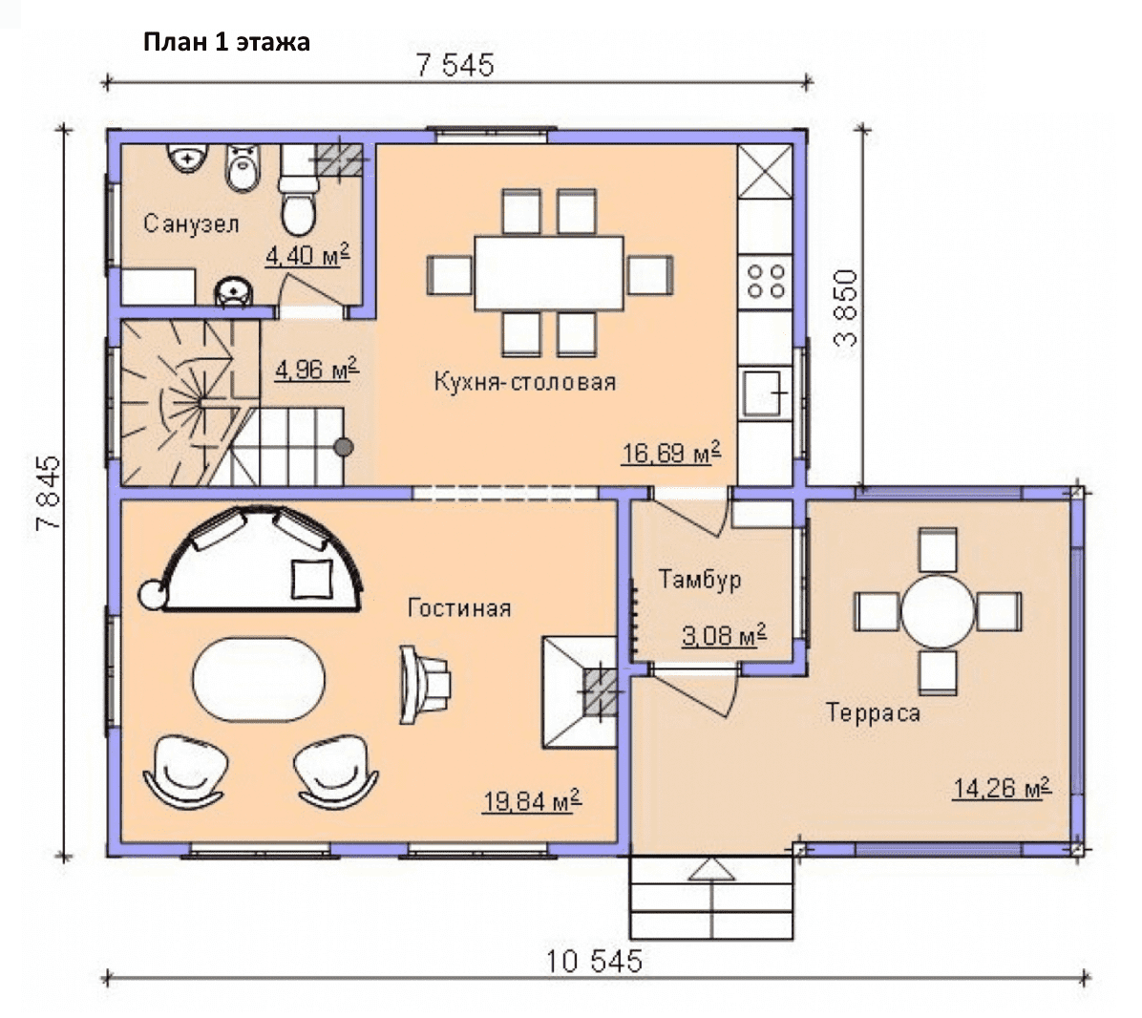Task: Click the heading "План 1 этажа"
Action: click(226, 42)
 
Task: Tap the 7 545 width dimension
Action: click(455, 66)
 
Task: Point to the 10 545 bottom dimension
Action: click(594, 962)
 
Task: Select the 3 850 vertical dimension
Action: click(847, 308)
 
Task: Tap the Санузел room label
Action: click(191, 223)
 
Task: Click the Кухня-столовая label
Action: click(525, 382)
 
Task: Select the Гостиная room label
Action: click(459, 607)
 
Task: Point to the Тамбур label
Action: click(700, 580)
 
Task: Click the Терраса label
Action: click(874, 712)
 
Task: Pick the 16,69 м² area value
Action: click(670, 453)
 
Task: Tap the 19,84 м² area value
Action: click(532, 801)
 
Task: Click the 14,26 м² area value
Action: click(1003, 787)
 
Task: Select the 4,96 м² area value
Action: click(317, 370)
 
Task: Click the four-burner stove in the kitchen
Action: click(766, 282)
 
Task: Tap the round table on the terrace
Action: click(938, 612)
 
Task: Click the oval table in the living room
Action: click(260, 680)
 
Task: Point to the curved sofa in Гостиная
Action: click(263, 532)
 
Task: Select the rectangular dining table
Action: click(549, 273)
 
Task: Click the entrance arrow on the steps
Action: click(711, 869)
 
